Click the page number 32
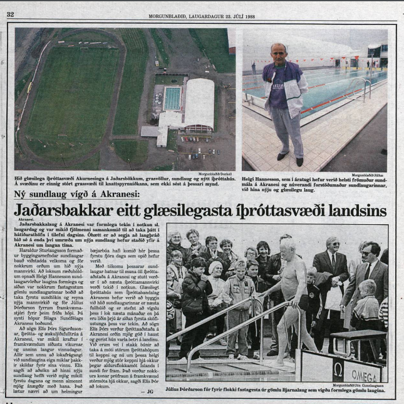point(11,14)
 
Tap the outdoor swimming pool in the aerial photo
point(172,98)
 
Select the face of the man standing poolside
point(279,53)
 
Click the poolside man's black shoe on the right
point(300,162)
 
